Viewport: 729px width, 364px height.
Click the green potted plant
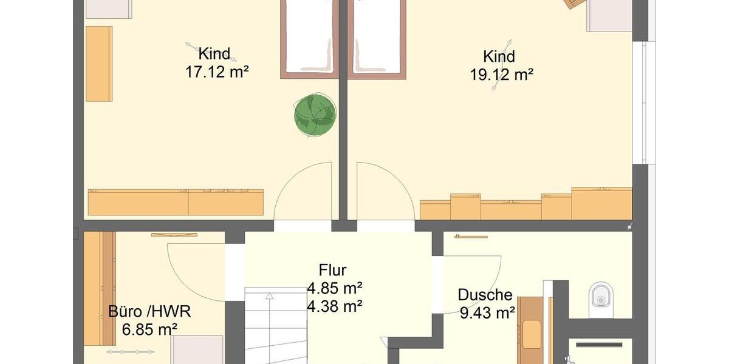click(315, 114)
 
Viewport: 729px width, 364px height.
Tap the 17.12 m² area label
click(217, 72)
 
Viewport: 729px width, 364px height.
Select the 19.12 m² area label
click(501, 75)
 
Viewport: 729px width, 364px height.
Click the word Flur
click(332, 271)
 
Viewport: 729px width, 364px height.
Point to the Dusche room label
click(485, 295)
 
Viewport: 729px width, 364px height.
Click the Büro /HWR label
click(149, 312)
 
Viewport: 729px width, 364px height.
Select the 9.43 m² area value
click(487, 313)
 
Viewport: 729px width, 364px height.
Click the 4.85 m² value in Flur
click(335, 288)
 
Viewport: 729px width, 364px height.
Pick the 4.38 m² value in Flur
click(335, 306)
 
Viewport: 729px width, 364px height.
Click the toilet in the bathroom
click(601, 297)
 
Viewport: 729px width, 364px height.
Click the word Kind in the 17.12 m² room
click(214, 54)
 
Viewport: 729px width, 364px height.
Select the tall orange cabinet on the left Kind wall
click(99, 63)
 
